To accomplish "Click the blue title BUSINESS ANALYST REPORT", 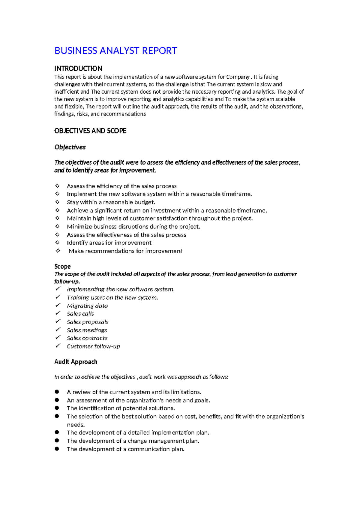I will [115, 51].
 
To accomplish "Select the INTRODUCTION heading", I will [78, 68].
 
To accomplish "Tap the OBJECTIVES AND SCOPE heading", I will [90, 131].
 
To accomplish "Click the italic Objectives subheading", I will [70, 147].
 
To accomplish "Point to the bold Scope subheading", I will [62, 267].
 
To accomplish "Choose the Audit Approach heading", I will [76, 362].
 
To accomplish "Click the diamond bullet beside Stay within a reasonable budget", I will [57, 202].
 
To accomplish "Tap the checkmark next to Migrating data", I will [58, 305].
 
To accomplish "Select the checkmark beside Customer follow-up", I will [58, 346].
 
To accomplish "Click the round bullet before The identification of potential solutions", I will [57, 408].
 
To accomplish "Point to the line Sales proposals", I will [87, 322].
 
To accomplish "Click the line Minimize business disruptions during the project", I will [133, 227].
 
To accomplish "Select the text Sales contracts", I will [87, 338].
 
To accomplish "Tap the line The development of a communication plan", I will [125, 449].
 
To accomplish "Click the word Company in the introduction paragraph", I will [238, 77].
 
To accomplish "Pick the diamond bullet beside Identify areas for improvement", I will [57, 242].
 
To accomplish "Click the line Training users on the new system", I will [112, 298].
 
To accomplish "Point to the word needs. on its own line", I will [76, 425].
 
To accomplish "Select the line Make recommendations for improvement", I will [125, 251].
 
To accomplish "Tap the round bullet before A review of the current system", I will [57, 392].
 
